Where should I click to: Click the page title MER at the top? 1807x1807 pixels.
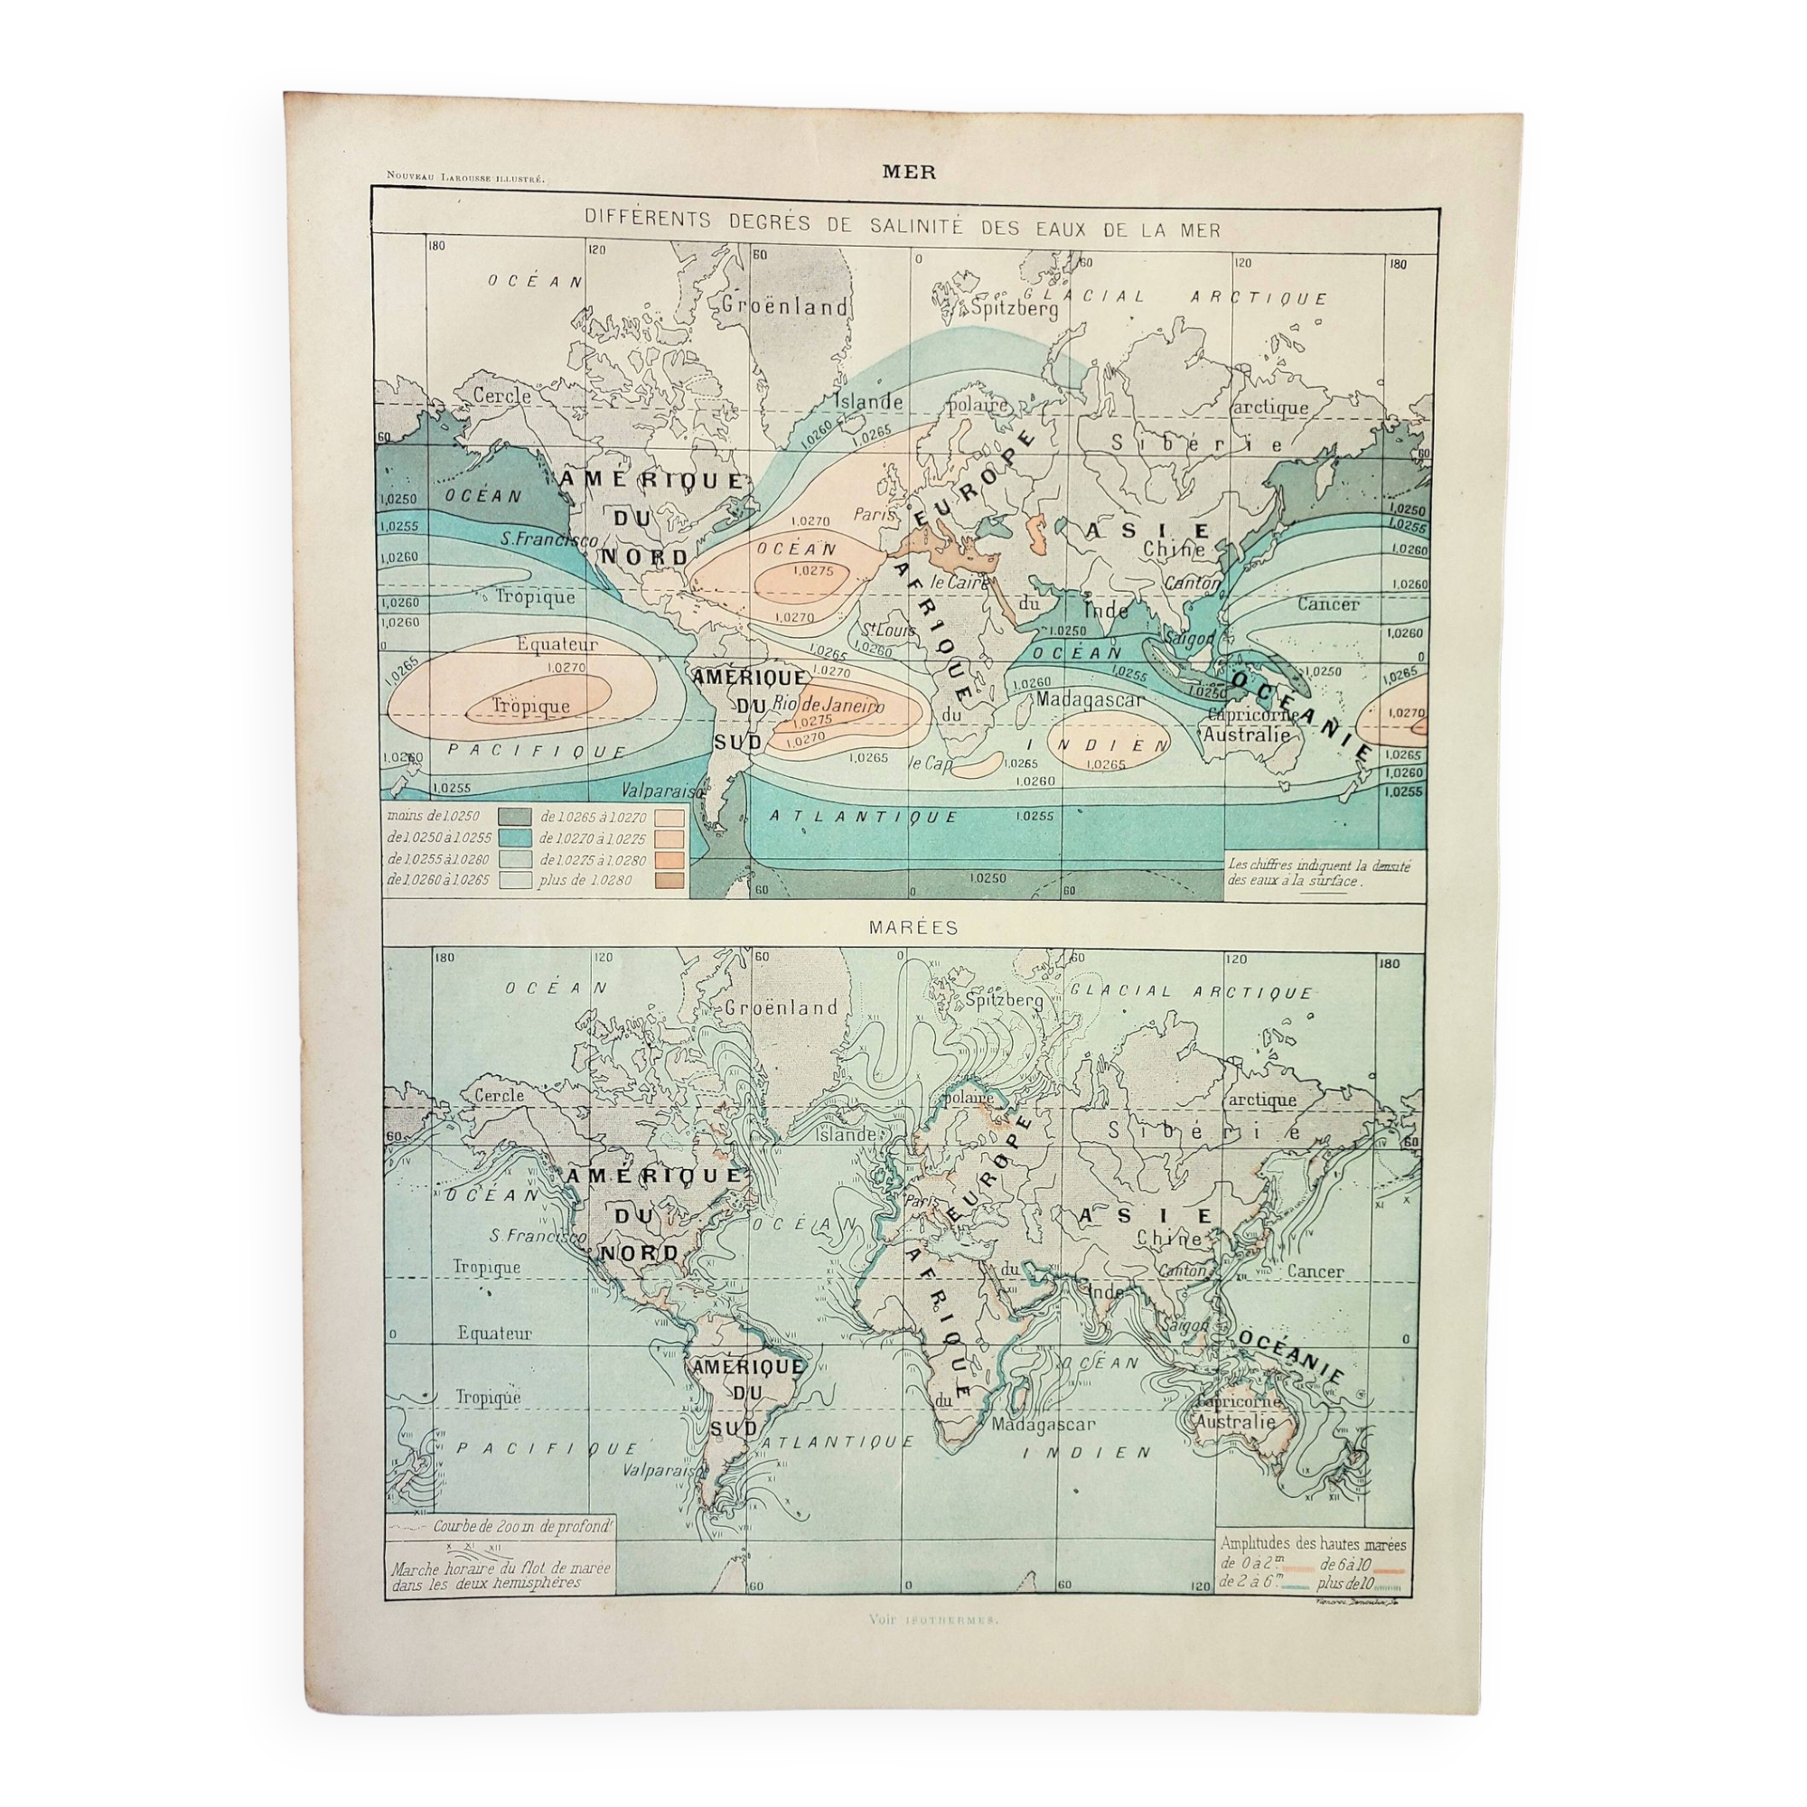902,171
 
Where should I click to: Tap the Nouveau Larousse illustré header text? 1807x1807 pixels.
458,177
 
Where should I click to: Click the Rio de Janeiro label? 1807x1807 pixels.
828,707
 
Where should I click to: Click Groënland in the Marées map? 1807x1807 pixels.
780,1007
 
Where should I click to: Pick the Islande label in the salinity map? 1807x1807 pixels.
869,401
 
